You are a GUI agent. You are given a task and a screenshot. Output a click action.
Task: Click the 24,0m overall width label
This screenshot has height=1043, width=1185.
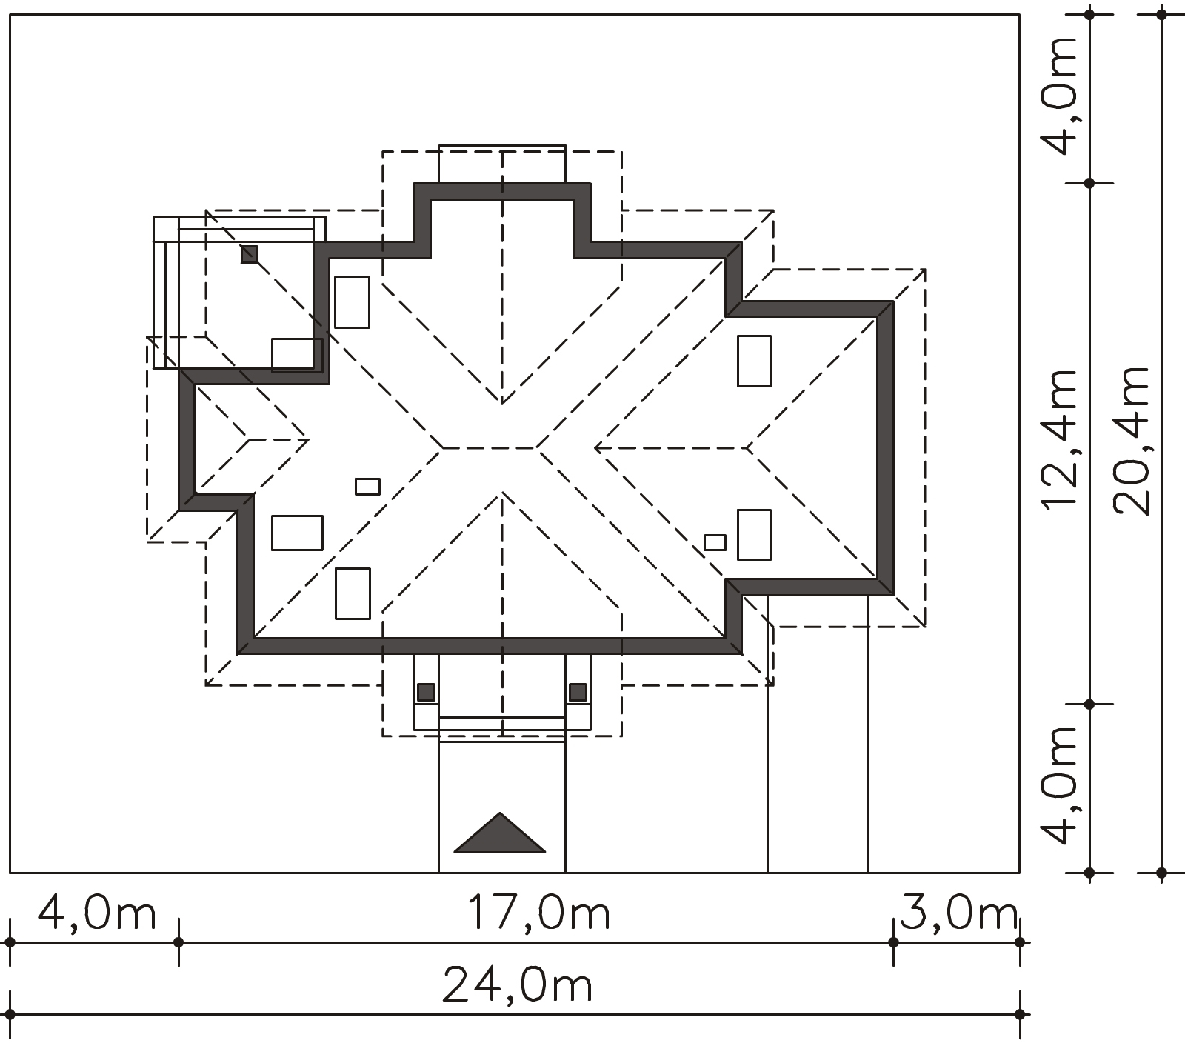coord(517,986)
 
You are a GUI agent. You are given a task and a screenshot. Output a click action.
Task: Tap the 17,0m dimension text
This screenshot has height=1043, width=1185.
coord(538,913)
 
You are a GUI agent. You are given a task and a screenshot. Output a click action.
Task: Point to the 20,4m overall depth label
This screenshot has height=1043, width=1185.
coord(1131,441)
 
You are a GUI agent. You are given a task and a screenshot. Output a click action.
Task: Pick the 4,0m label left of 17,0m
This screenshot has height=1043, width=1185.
coord(97,913)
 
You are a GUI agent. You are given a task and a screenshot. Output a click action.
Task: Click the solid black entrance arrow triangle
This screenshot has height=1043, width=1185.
coord(500,833)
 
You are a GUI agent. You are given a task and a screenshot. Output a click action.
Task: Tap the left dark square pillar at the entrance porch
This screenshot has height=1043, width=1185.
coord(426,693)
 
